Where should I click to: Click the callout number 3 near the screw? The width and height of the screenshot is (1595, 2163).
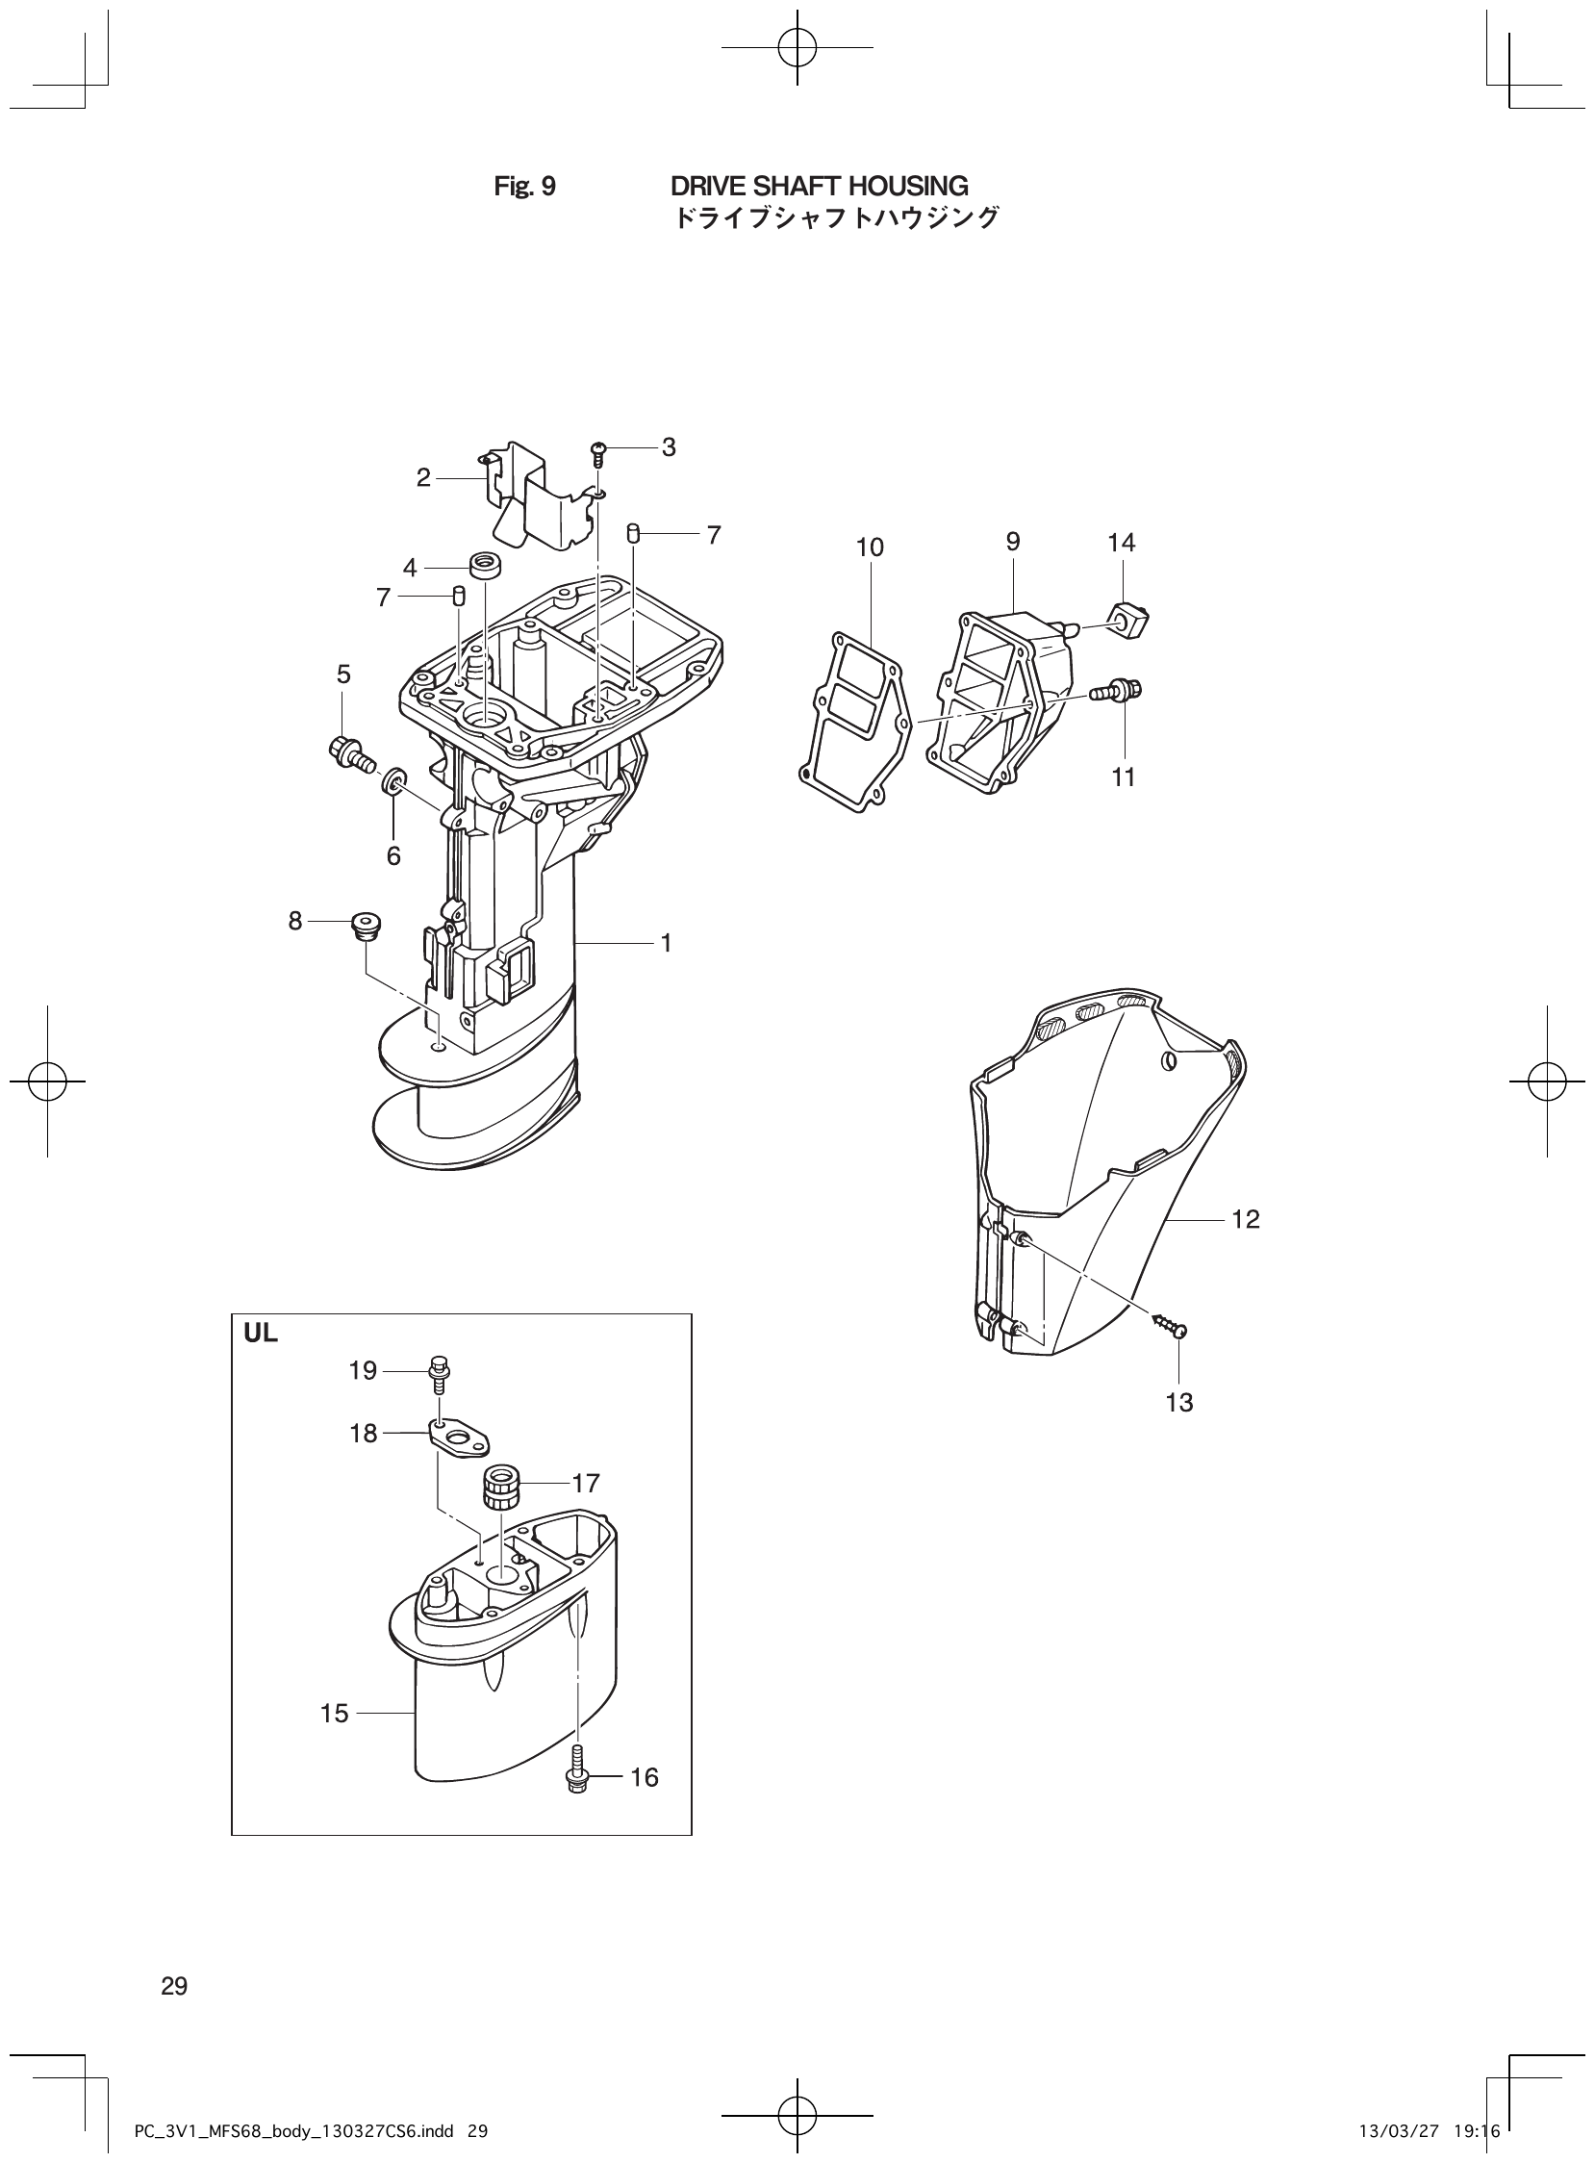click(x=669, y=447)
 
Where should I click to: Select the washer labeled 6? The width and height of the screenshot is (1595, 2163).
click(x=394, y=780)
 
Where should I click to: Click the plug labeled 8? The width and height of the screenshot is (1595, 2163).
click(x=366, y=924)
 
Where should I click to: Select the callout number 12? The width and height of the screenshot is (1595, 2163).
click(x=1246, y=1220)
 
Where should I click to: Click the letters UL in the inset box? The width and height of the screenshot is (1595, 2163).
click(x=261, y=1335)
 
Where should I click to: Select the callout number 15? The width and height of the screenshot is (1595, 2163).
click(x=334, y=1714)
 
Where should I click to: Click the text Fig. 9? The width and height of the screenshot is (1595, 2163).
click(x=524, y=187)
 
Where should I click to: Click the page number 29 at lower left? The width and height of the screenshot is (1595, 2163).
click(x=175, y=1986)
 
